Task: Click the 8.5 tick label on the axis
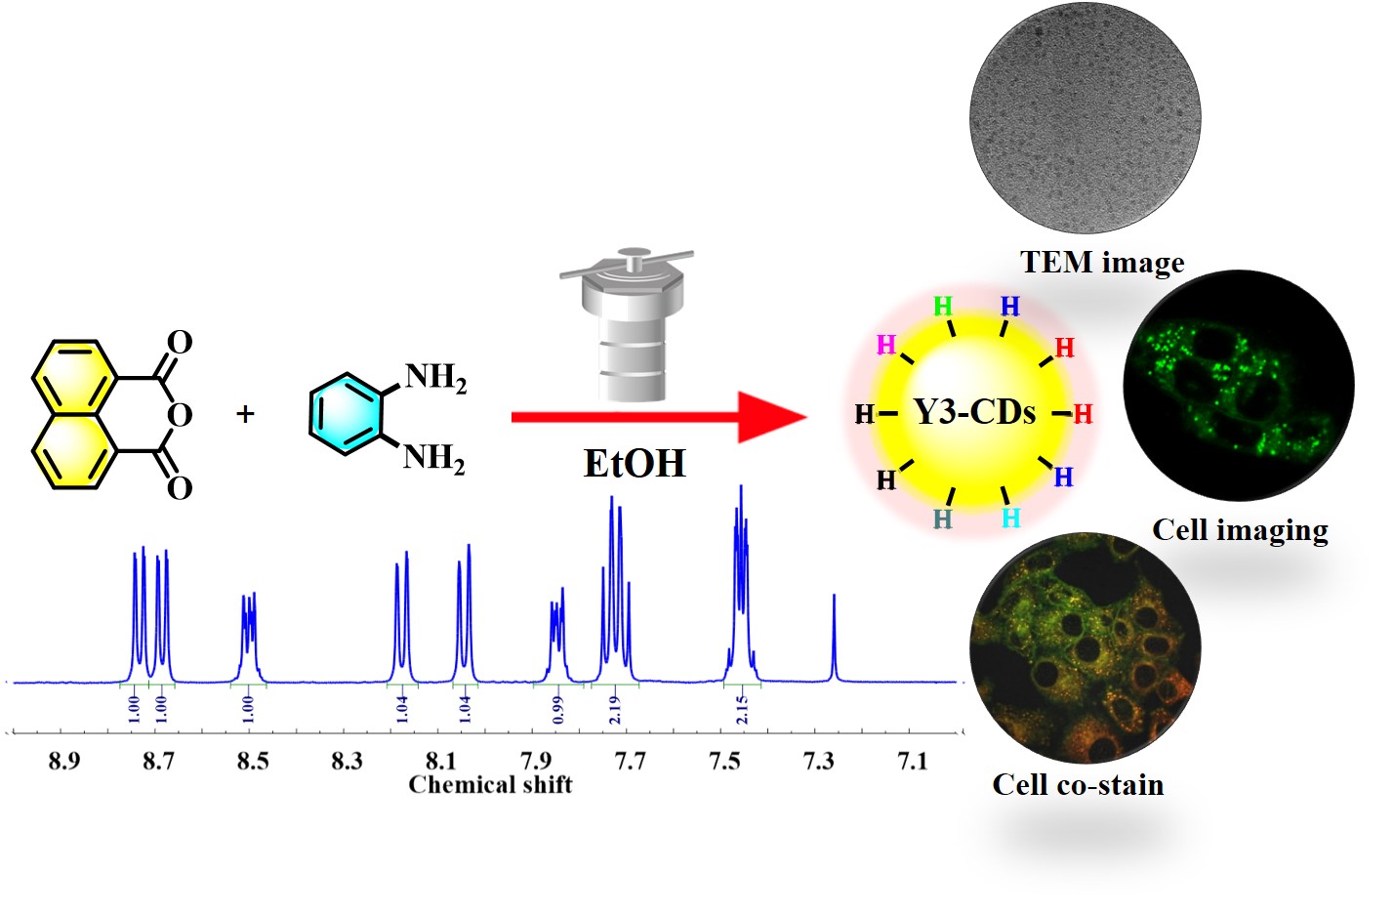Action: (x=253, y=761)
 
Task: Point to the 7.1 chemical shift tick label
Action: (x=913, y=761)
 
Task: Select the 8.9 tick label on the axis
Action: (x=64, y=761)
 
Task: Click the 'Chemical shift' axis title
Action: (x=490, y=784)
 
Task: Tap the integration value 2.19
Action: (x=614, y=710)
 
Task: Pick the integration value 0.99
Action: (x=557, y=710)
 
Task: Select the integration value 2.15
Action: (x=742, y=710)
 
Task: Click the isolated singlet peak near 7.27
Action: (x=834, y=638)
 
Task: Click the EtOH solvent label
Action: (x=635, y=463)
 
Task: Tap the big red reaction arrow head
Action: (x=771, y=417)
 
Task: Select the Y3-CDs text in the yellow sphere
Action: (x=974, y=412)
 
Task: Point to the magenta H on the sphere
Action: (x=885, y=344)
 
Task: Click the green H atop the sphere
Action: (x=943, y=306)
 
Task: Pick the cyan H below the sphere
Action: (x=1010, y=518)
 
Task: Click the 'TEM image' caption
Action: (x=1102, y=262)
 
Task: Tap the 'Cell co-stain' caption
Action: (x=1078, y=784)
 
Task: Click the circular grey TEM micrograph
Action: (x=1086, y=118)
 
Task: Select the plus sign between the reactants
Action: (x=245, y=414)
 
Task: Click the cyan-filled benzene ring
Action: (x=346, y=414)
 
